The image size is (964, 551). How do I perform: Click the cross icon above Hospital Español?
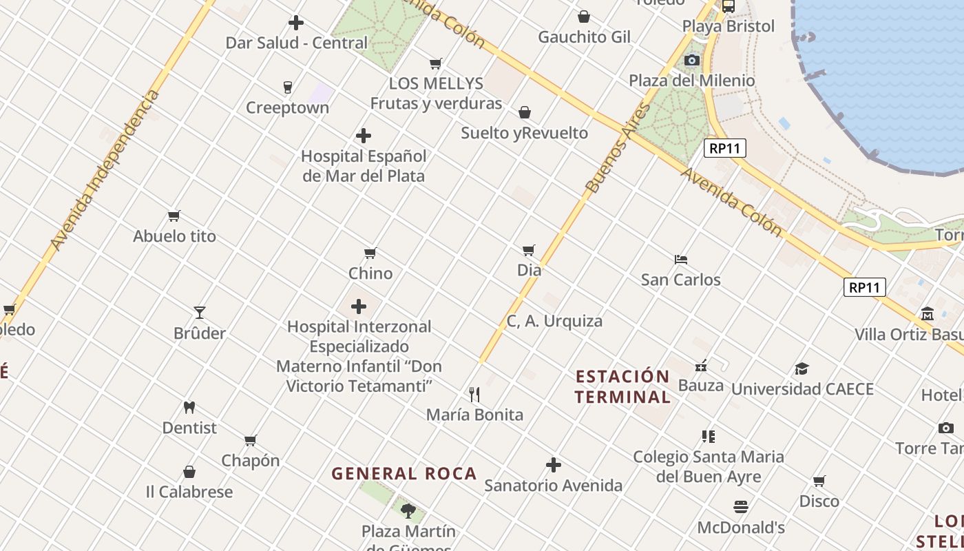pyautogui.click(x=364, y=136)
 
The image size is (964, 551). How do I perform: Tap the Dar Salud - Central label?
pyautogui.click(x=297, y=43)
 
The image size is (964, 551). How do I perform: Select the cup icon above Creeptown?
pyautogui.click(x=288, y=87)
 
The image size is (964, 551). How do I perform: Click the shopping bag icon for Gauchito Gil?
pyautogui.click(x=584, y=17)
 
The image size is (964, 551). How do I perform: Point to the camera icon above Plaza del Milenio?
pyautogui.click(x=692, y=61)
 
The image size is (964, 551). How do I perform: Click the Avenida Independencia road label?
pyautogui.click(x=105, y=170)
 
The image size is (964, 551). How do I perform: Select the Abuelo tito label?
pyautogui.click(x=174, y=236)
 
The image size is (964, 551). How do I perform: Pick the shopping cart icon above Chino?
pyautogui.click(x=370, y=253)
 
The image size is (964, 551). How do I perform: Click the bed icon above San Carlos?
pyautogui.click(x=681, y=260)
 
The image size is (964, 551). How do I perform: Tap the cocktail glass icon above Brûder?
pyautogui.click(x=200, y=313)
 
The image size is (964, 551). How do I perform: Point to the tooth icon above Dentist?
pyautogui.click(x=189, y=407)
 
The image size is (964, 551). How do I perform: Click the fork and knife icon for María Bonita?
pyautogui.click(x=474, y=394)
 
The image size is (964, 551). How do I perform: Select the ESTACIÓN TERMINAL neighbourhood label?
pyautogui.click(x=622, y=386)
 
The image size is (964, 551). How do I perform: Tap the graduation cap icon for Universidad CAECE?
pyautogui.click(x=802, y=368)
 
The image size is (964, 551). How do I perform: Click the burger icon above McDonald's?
pyautogui.click(x=741, y=508)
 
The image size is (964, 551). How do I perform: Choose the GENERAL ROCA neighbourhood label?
pyautogui.click(x=404, y=474)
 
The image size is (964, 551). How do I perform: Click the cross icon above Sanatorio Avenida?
pyautogui.click(x=554, y=465)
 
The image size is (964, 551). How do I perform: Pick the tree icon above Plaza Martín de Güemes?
pyautogui.click(x=408, y=511)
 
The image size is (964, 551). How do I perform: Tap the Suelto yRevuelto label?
pyautogui.click(x=524, y=133)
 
